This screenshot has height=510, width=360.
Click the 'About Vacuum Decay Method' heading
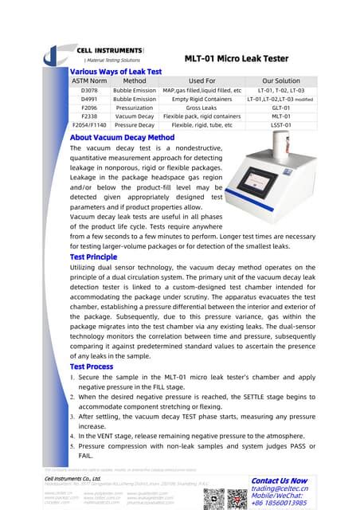tap(122, 137)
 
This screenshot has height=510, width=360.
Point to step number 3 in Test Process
tap(73, 415)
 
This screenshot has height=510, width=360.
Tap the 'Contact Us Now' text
tap(279, 481)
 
